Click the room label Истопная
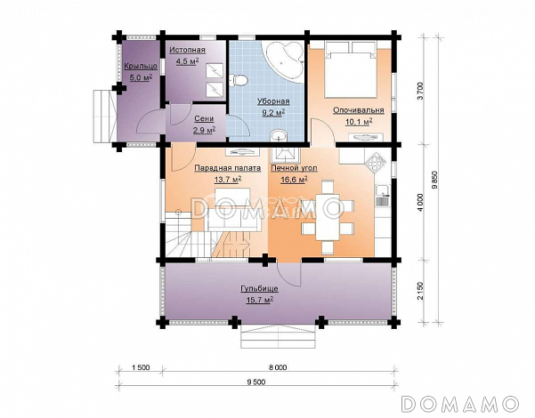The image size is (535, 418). tap(187, 50)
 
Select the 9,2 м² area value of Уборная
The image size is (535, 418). tap(273, 112)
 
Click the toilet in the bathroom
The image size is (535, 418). tap(239, 80)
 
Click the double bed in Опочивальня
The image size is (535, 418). tap(351, 68)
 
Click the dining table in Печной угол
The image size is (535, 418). tap(327, 217)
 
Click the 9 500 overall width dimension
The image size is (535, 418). tap(256, 382)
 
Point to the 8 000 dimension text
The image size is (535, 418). tap(278, 367)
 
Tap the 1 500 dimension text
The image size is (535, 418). tap(141, 367)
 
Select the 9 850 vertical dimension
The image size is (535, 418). tap(434, 179)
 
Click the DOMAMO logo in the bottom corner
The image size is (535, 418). tap(460, 404)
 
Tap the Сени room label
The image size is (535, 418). tap(204, 118)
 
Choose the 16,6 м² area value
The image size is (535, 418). tap(294, 180)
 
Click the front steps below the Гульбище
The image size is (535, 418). tap(278, 336)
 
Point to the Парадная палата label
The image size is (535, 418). tap(228, 168)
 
